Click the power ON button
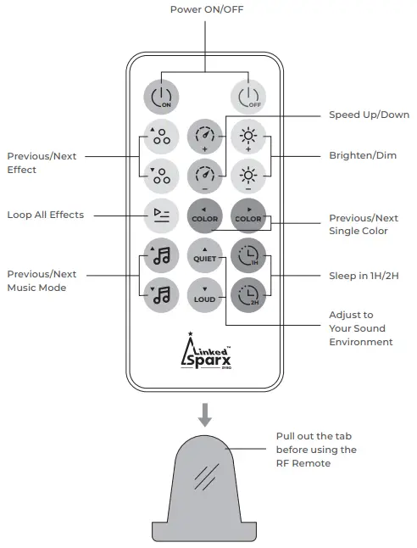pos(160,98)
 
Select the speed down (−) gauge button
pos(203,175)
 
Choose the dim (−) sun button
pos(247,175)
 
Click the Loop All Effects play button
pos(160,215)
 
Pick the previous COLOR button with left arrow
pos(203,215)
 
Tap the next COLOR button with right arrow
pos(247,215)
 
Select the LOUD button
pos(203,294)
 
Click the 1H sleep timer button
pos(247,254)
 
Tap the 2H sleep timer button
pos(247,294)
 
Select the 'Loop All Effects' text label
pos(46,215)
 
